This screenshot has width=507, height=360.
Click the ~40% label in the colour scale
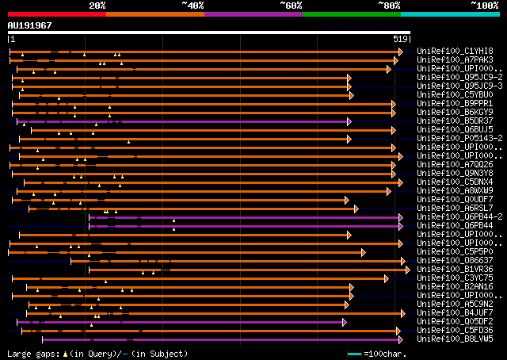pos(193,6)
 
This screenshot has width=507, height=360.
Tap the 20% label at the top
pos(97,6)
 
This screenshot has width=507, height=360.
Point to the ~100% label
pos(485,6)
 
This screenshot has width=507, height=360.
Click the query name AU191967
pos(29,25)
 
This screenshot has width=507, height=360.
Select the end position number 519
pos(400,38)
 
